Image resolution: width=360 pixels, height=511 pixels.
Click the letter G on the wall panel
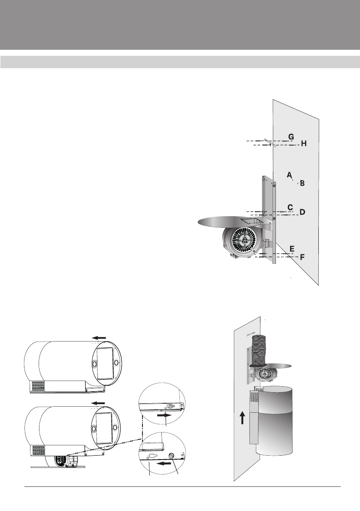[291, 137]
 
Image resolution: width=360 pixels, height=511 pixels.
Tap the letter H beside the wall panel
[304, 143]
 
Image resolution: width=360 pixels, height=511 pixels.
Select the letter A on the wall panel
[289, 175]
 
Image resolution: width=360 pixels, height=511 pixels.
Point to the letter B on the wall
[303, 183]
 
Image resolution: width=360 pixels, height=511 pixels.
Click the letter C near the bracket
[290, 207]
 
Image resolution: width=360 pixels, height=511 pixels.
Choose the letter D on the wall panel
[303, 212]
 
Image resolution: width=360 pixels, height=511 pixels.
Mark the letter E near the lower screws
[292, 249]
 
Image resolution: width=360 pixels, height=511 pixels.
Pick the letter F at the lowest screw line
[303, 257]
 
